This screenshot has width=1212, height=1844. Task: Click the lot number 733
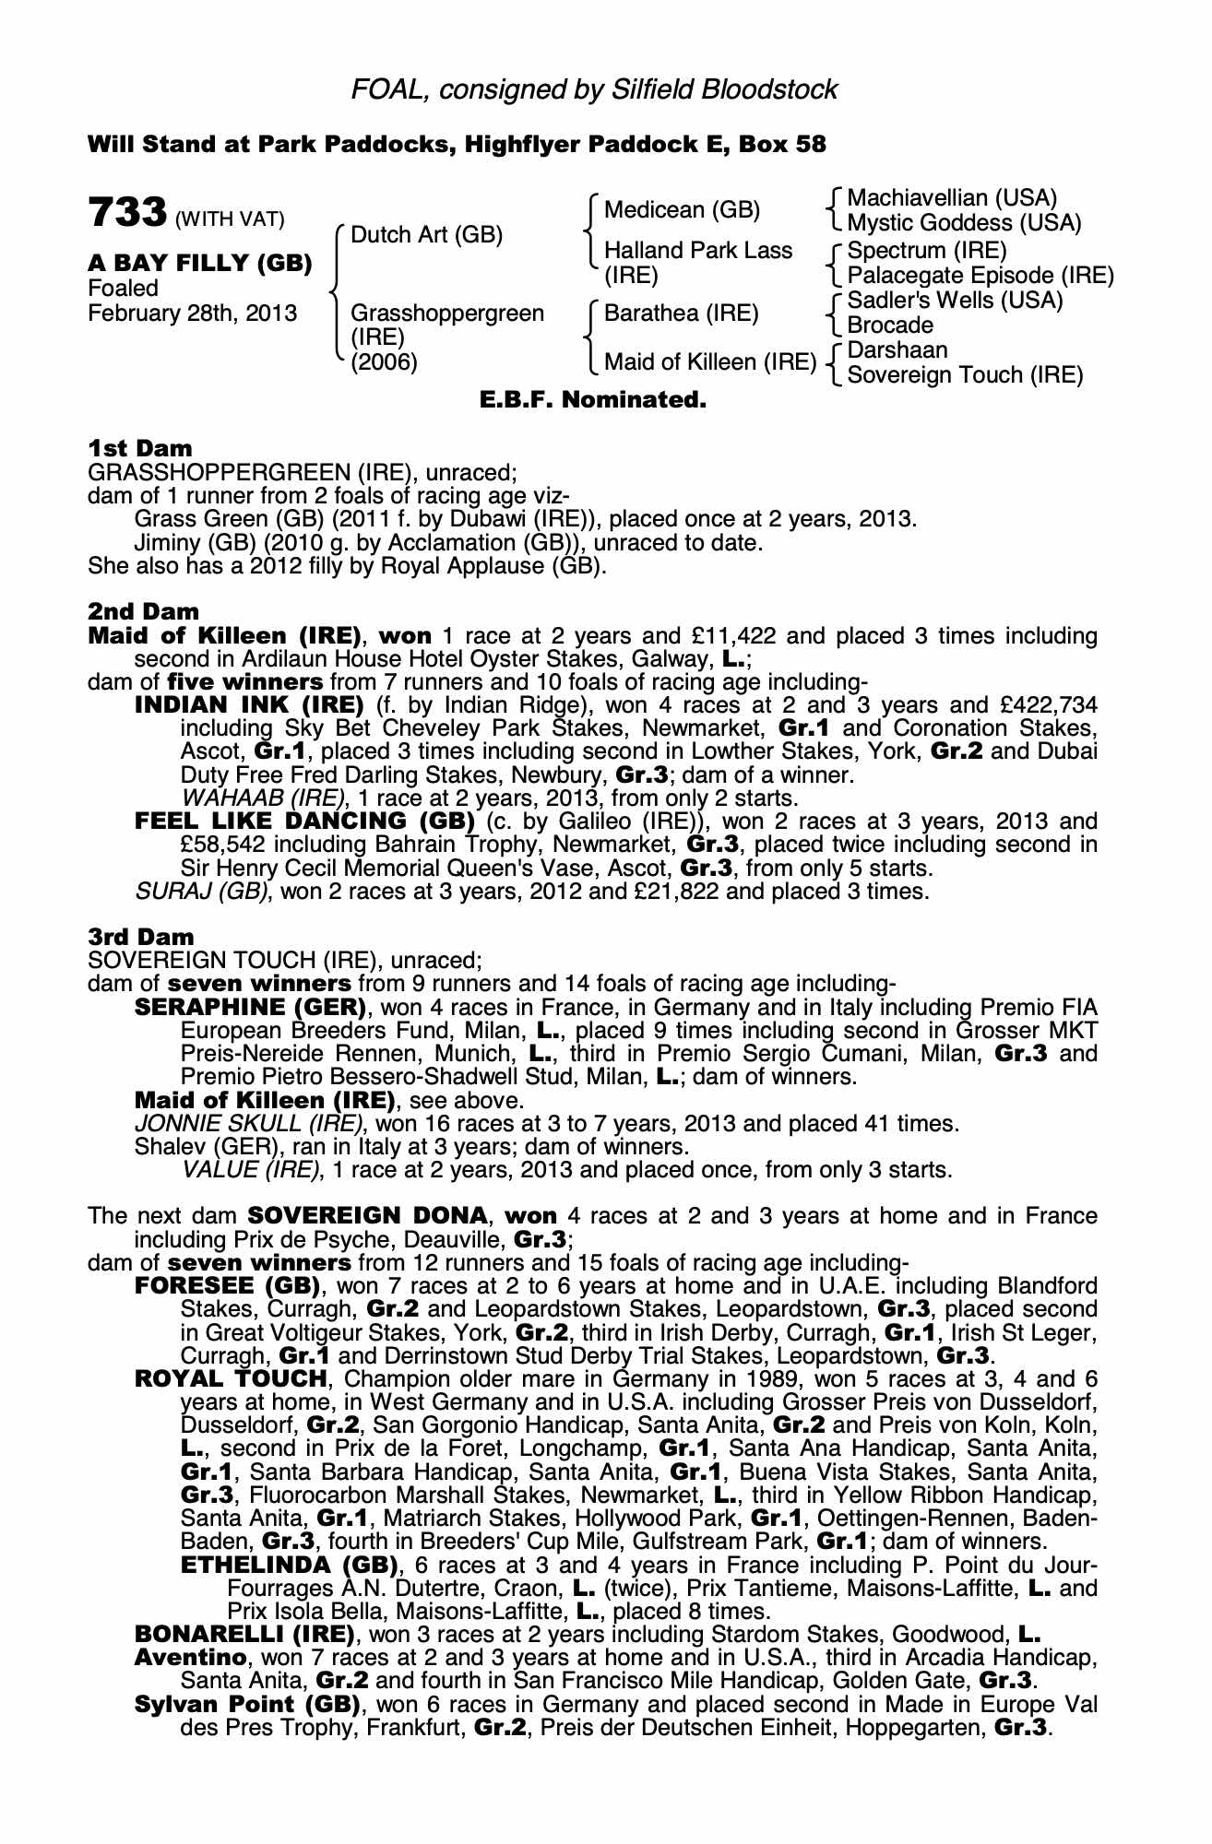point(126,213)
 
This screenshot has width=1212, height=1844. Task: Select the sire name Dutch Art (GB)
point(426,235)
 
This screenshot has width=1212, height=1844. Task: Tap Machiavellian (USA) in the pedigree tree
point(951,198)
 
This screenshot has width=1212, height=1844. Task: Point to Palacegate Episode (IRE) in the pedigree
point(980,276)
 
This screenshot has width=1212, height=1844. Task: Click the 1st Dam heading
point(140,448)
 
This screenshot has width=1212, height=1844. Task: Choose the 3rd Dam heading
point(141,937)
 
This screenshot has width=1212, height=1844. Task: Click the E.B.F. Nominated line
point(593,400)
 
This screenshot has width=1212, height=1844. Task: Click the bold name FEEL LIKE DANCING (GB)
point(304,822)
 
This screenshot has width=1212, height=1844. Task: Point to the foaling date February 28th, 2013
point(193,313)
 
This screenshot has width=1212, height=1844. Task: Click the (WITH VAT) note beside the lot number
point(230,219)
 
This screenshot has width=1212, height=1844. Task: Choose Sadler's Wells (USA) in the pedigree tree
point(955,301)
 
